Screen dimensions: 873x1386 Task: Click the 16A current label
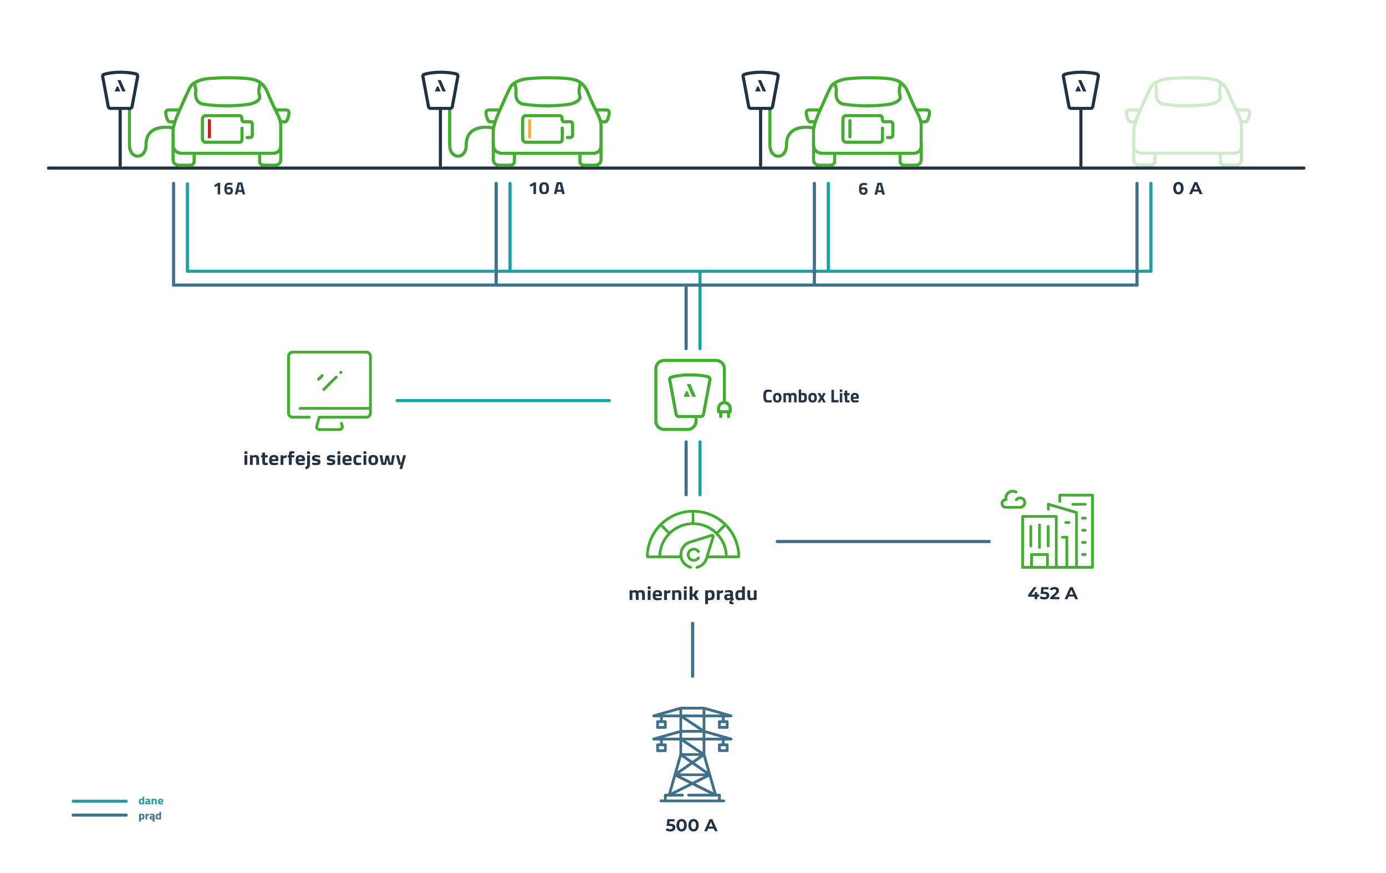pyautogui.click(x=229, y=189)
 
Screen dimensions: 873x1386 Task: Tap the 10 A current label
pyautogui.click(x=546, y=188)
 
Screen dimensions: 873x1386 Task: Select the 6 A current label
pyautogui.click(x=871, y=189)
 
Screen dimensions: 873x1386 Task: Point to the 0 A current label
pyautogui.click(x=1187, y=188)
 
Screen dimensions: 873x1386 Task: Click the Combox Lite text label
pyautogui.click(x=811, y=396)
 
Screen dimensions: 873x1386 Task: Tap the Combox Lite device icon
pyautogui.click(x=691, y=395)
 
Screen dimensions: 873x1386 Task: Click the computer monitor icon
pyautogui.click(x=329, y=390)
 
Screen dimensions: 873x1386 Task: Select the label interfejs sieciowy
pyautogui.click(x=325, y=458)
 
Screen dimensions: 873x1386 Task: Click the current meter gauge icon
pyautogui.click(x=692, y=539)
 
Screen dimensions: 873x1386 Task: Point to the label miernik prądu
pyautogui.click(x=692, y=594)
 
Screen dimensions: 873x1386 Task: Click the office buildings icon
pyautogui.click(x=1049, y=530)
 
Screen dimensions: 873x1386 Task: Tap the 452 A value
pyautogui.click(x=1052, y=593)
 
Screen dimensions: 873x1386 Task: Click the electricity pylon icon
pyautogui.click(x=692, y=754)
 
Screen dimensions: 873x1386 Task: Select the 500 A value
pyautogui.click(x=691, y=826)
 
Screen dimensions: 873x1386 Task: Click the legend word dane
pyautogui.click(x=151, y=801)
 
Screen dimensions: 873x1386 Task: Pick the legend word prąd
pyautogui.click(x=150, y=816)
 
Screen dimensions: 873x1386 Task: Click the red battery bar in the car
pyautogui.click(x=210, y=129)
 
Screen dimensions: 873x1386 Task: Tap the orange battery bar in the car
pyautogui.click(x=529, y=129)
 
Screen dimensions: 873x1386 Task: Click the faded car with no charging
pyautogui.click(x=1188, y=121)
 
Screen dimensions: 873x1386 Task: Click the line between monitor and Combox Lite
pyautogui.click(x=502, y=401)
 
